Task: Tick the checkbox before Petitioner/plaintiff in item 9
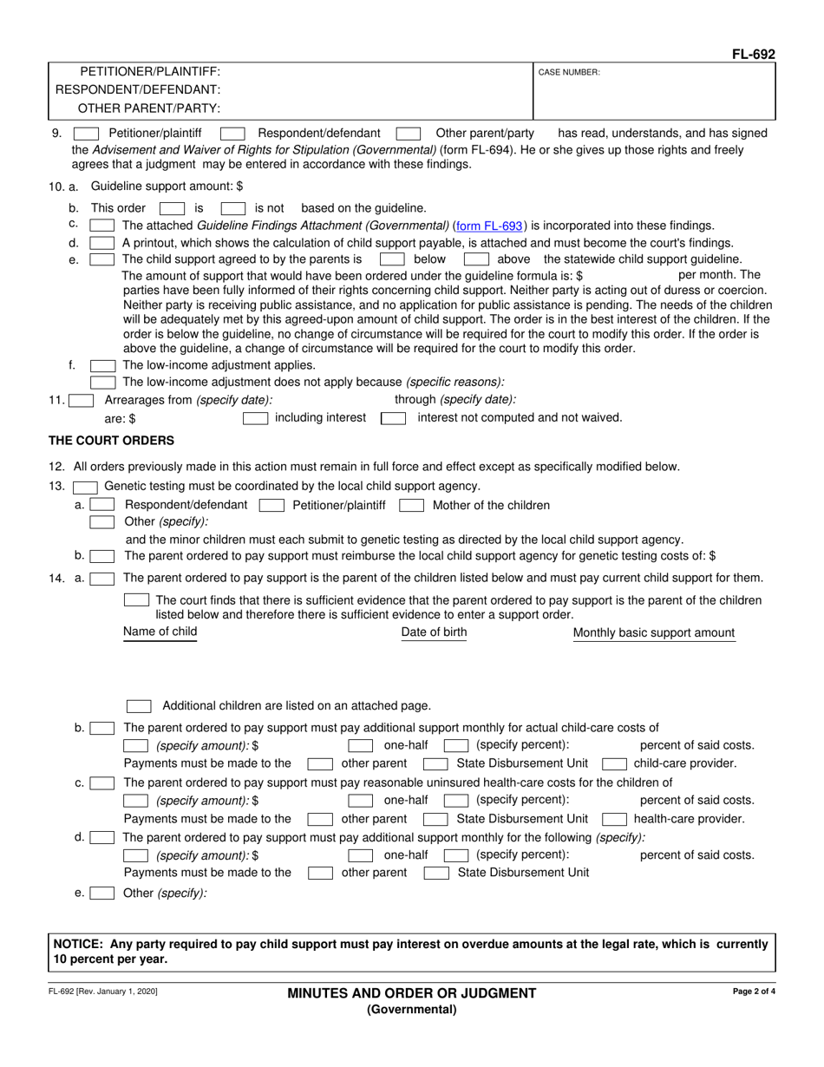click(x=86, y=134)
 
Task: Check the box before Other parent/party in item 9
click(x=408, y=134)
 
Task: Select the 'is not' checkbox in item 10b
click(x=232, y=208)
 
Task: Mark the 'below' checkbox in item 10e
click(x=392, y=259)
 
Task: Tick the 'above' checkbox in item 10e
click(x=475, y=259)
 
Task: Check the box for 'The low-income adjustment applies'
click(x=102, y=366)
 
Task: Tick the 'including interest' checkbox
click(x=255, y=418)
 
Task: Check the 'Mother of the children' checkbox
click(x=411, y=505)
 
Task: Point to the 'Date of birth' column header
click(x=434, y=632)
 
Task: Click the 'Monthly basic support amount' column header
click(x=654, y=633)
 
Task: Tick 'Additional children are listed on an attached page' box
click(x=139, y=705)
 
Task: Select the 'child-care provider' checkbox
click(x=614, y=764)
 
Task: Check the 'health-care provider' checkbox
click(x=614, y=819)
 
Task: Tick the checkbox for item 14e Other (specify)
click(x=101, y=893)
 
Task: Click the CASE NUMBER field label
click(x=569, y=73)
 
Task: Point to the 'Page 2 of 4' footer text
click(x=755, y=991)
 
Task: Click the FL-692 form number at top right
click(x=753, y=54)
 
